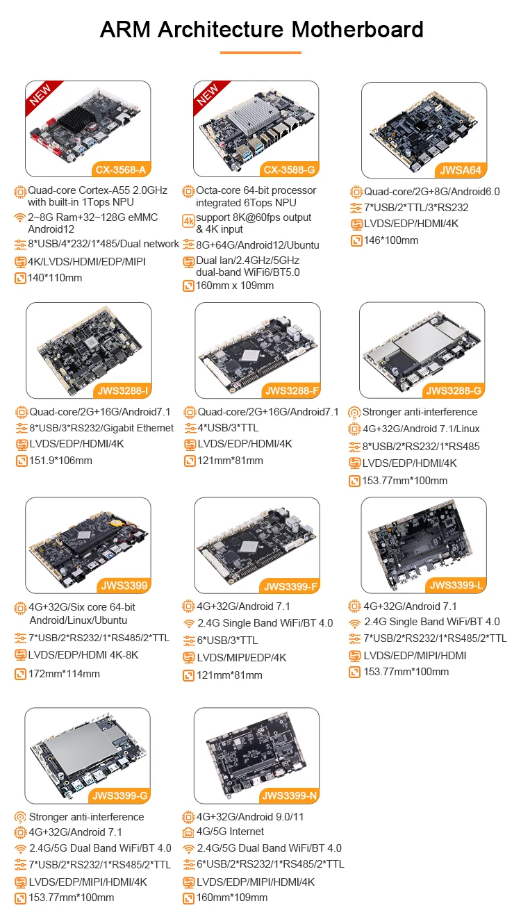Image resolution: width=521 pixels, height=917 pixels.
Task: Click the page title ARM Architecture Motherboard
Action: click(x=261, y=29)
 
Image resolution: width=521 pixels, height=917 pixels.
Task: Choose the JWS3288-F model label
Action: click(x=291, y=390)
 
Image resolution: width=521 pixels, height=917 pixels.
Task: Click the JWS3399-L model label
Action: click(x=456, y=586)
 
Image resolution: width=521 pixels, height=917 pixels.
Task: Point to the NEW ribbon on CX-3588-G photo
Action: click(x=209, y=96)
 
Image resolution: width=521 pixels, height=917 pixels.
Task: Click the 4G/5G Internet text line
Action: click(x=230, y=832)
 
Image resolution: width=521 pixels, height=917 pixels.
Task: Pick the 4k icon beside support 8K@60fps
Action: click(x=188, y=221)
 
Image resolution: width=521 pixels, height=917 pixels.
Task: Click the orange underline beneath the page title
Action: click(x=260, y=52)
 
